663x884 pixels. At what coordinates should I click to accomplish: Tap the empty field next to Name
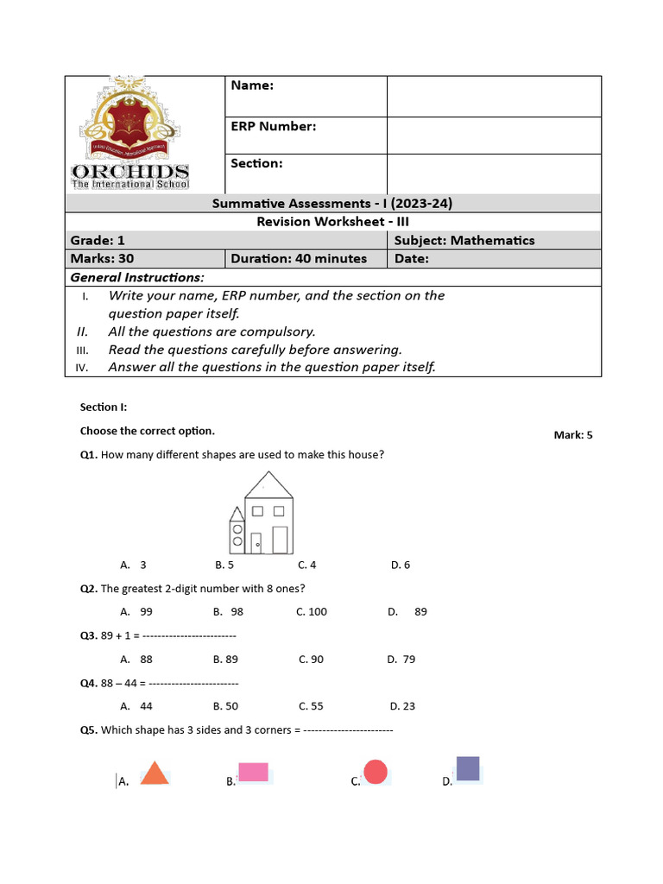[493, 96]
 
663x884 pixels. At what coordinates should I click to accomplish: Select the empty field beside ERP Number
[493, 136]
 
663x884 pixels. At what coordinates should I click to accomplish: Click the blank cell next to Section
[493, 173]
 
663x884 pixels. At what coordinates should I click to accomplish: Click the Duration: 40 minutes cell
[306, 258]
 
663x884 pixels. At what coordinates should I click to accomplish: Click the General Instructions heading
[137, 277]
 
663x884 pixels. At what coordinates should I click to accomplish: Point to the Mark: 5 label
[573, 435]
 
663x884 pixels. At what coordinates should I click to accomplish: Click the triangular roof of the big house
[268, 486]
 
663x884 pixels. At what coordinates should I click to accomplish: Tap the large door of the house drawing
[280, 540]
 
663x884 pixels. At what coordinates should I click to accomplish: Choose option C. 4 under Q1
[307, 565]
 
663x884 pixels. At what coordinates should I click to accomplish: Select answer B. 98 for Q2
[229, 611]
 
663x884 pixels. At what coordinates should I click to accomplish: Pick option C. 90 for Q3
[311, 659]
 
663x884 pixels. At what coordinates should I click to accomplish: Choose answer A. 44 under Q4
[137, 705]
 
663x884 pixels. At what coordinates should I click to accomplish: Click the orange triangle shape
[155, 774]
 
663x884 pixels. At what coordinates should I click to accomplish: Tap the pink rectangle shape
[253, 772]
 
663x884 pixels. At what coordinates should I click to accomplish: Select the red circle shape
[376, 772]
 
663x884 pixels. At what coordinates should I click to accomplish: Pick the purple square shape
[467, 768]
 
